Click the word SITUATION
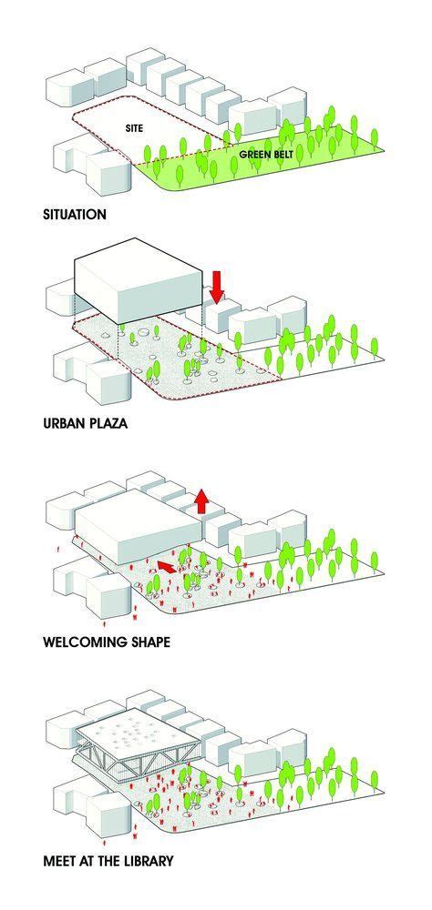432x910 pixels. (x=75, y=214)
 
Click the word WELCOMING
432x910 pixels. (x=85, y=642)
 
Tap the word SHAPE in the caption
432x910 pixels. (x=150, y=642)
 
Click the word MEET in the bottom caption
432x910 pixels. (x=59, y=861)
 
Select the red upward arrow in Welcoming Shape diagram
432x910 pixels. (x=201, y=500)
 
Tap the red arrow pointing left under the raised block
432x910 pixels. (x=166, y=566)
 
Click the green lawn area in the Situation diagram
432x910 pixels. (x=262, y=166)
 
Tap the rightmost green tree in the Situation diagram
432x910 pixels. (x=375, y=137)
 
